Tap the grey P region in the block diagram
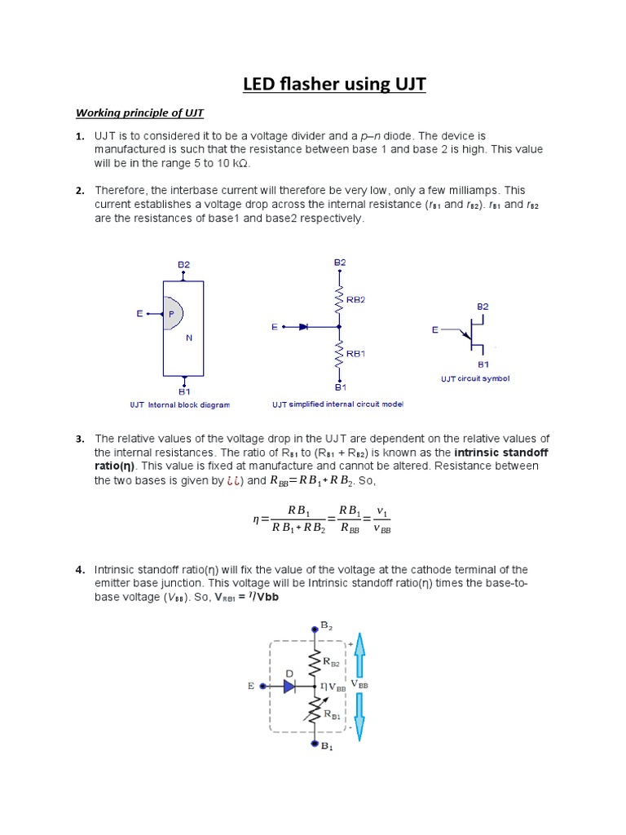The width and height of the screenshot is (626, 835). click(x=172, y=312)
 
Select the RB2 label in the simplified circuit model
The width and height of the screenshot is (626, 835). click(x=356, y=299)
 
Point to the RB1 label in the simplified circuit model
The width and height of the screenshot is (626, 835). click(x=356, y=354)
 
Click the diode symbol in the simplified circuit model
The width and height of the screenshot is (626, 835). click(x=303, y=326)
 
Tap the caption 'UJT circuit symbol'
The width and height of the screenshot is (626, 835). click(x=475, y=378)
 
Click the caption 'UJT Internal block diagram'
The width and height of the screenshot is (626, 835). click(x=179, y=404)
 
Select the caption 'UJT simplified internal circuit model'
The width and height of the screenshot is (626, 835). click(x=337, y=404)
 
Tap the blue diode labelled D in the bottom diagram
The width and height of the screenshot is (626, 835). click(x=289, y=687)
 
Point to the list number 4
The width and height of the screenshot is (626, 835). click(x=80, y=569)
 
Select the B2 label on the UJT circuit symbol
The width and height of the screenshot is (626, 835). click(x=483, y=306)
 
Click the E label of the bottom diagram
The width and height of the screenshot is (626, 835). click(x=251, y=687)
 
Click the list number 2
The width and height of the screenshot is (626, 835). click(x=80, y=191)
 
